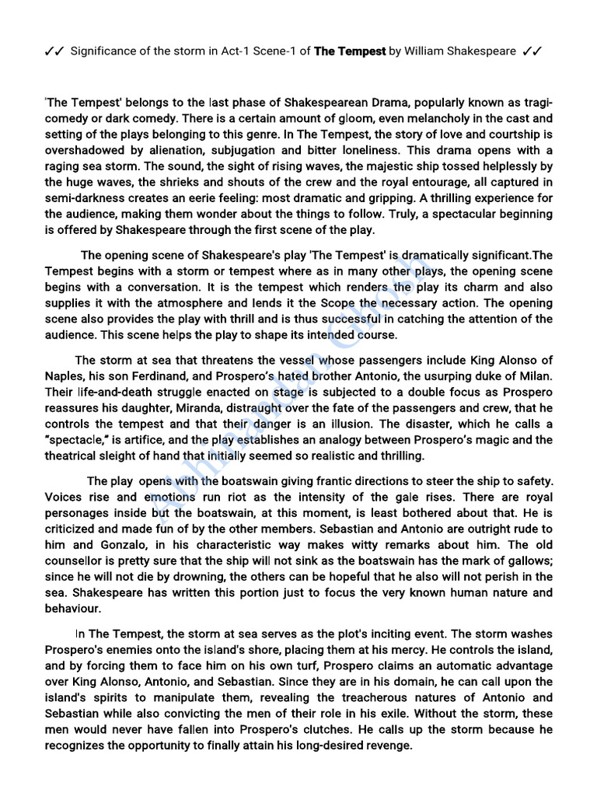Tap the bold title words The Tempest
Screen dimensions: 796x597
coord(350,51)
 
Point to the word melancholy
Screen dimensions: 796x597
coord(409,119)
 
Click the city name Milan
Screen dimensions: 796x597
coord(535,376)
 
